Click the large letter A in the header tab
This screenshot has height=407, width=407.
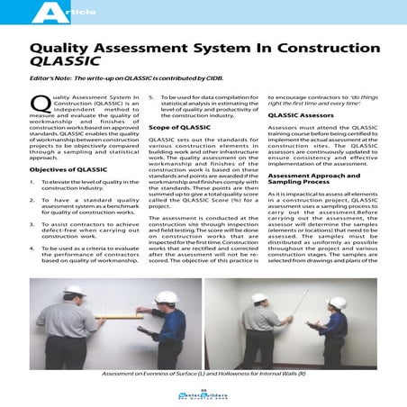[41, 11]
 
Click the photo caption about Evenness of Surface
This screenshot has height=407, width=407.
[204, 372]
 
